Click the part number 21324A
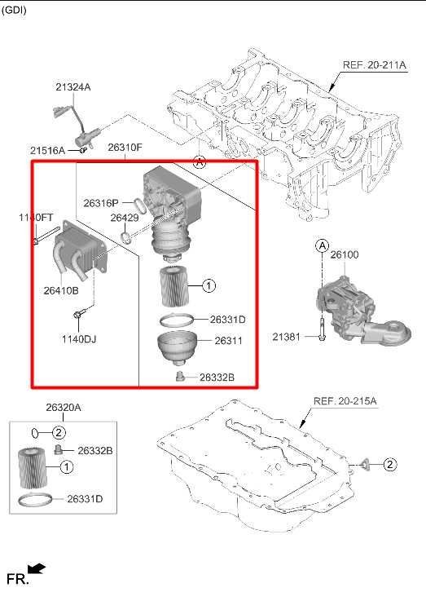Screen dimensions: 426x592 click(73, 87)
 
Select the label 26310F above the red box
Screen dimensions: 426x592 click(125, 148)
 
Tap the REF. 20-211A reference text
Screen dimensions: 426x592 click(375, 65)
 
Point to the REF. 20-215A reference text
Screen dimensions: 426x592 click(345, 401)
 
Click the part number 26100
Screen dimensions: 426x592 click(345, 255)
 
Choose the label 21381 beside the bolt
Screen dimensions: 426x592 click(287, 337)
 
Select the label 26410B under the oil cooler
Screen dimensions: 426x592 click(61, 290)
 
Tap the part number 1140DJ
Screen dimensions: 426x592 click(79, 339)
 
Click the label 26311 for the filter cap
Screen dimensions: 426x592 click(228, 341)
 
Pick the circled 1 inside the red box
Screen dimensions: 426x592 click(209, 285)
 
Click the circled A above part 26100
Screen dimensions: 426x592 click(322, 245)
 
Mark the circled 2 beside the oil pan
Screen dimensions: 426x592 click(389, 464)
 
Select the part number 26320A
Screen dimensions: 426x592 click(64, 408)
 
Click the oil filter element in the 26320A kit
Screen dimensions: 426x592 click(33, 467)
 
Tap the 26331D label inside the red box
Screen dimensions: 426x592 click(228, 320)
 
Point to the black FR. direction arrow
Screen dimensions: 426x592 click(37, 568)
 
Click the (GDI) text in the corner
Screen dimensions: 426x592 click(14, 10)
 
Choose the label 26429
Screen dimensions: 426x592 click(125, 218)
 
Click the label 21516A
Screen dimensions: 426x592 click(47, 151)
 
